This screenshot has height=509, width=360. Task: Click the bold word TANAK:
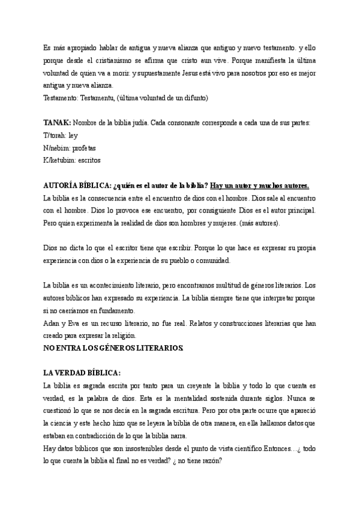57,123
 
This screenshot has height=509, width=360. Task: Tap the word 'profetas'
84,148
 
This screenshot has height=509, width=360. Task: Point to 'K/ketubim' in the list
59,160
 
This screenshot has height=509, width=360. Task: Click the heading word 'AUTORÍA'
64,185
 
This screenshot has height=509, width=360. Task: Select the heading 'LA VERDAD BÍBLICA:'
82,373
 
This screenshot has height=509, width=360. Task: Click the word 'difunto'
194,97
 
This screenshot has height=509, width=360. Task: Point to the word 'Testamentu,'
98,97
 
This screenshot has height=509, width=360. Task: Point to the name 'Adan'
52,323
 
